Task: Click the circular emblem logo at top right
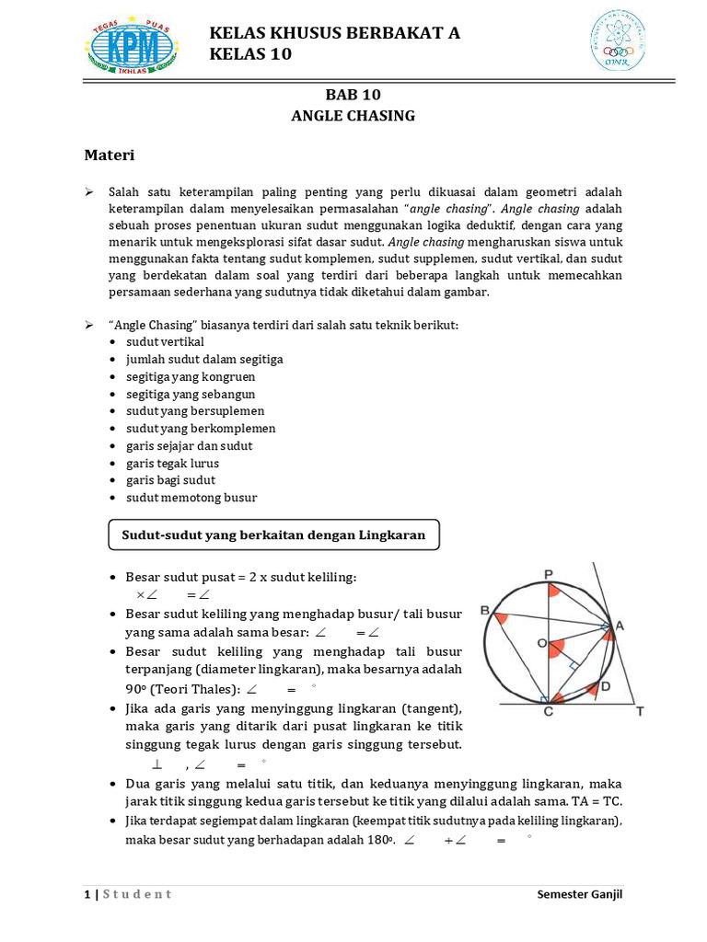coord(617,41)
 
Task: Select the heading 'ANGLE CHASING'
coord(353,116)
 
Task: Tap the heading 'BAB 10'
coord(353,95)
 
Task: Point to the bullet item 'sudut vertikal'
coord(165,342)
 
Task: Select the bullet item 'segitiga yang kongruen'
coord(191,377)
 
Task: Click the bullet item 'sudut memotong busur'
coord(191,498)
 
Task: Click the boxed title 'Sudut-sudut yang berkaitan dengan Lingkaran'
coord(273,535)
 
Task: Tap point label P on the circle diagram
coord(549,574)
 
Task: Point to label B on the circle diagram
coord(485,611)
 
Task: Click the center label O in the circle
coord(541,642)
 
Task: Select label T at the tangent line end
coord(640,712)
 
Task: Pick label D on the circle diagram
coord(605,686)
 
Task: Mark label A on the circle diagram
coord(620,626)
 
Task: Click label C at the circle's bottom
coord(549,712)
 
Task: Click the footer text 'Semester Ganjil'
coord(580,895)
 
